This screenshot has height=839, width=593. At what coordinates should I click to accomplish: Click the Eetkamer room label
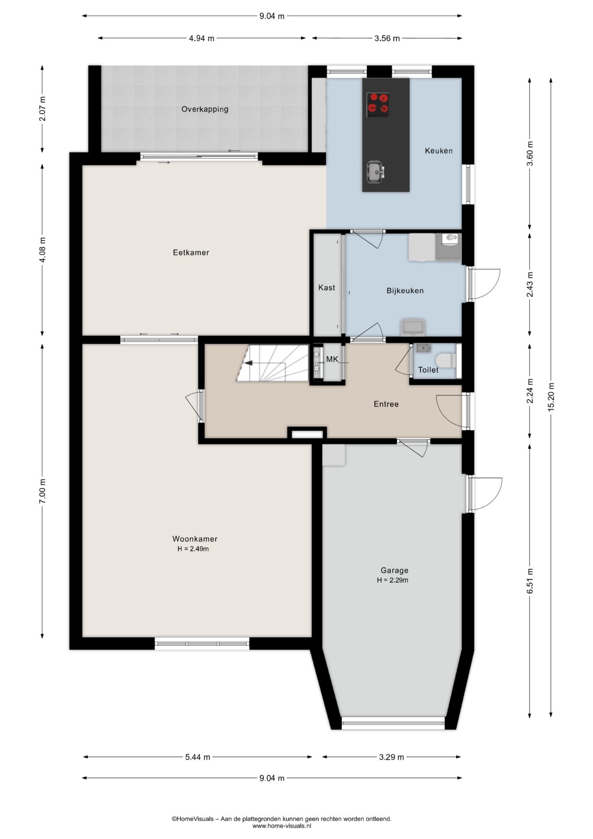191,253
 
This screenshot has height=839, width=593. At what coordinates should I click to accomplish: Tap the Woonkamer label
195,539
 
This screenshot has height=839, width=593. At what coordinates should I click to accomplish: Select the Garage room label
394,570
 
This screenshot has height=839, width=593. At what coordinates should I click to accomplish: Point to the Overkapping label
205,109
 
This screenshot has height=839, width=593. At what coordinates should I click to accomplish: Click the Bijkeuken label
405,291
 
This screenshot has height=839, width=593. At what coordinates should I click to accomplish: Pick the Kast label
327,288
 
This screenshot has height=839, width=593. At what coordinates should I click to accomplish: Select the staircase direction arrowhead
248,363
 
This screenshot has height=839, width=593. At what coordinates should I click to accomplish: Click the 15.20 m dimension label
551,397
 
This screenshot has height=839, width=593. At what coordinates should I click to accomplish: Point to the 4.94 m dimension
201,38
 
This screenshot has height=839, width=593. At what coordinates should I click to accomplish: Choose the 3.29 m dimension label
391,757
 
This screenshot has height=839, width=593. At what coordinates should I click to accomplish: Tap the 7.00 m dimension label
42,491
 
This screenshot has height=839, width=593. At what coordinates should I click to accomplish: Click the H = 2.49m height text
193,549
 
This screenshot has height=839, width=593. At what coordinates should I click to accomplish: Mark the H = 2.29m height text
393,580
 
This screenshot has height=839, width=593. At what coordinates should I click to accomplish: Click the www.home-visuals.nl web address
282,826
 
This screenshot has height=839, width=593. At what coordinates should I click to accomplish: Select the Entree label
386,404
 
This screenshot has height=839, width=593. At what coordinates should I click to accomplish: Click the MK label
332,360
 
